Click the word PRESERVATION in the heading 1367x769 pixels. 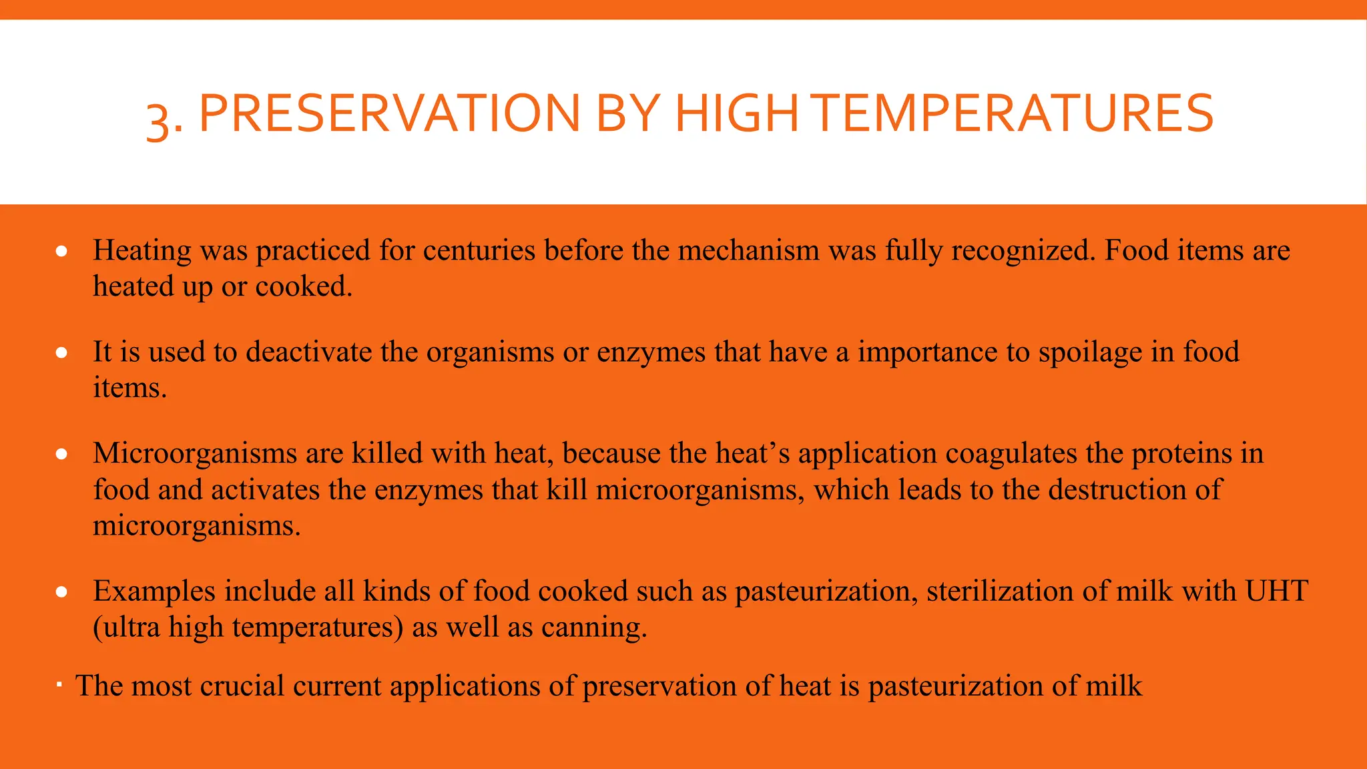coord(389,113)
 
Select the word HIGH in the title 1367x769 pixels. coord(736,113)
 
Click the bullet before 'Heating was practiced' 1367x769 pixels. coord(62,252)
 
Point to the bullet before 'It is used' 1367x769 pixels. coord(62,353)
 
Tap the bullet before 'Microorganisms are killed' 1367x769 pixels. coord(62,455)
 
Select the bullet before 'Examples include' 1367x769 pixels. coord(62,592)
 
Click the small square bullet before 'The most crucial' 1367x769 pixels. coord(59,685)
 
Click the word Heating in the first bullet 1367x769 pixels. coord(142,252)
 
